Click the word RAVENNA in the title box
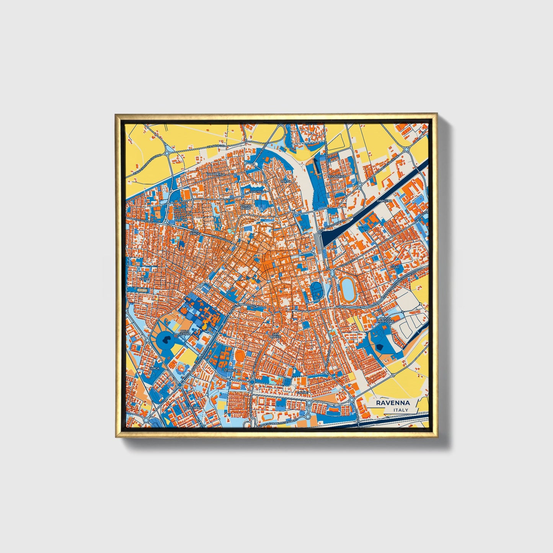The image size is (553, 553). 393,403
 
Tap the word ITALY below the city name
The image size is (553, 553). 400,410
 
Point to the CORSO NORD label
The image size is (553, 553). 246,207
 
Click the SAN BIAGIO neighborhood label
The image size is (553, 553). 196,232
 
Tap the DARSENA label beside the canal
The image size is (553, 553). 384,201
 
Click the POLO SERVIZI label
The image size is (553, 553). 185,332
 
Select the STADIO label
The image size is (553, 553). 230,370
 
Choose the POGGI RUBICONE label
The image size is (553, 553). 387,320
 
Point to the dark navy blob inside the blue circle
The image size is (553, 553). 166,338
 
